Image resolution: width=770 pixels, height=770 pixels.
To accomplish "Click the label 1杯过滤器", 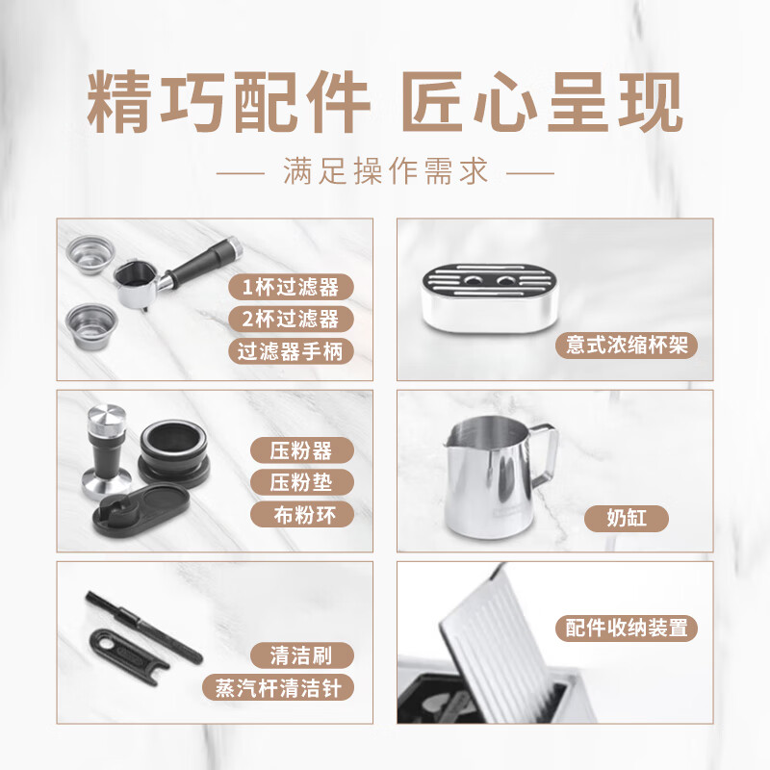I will [291, 287].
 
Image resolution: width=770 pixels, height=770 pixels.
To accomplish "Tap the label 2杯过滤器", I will [291, 319].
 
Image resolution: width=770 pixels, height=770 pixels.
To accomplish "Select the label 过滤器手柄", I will [291, 350].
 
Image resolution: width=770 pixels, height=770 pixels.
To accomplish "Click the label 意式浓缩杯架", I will [626, 346].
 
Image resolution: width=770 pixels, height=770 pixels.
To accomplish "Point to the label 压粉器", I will [301, 450].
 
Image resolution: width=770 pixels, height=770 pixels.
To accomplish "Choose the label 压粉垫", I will [301, 482].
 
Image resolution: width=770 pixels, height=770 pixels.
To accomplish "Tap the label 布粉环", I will [301, 514].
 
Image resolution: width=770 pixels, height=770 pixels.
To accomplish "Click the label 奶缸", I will [626, 519].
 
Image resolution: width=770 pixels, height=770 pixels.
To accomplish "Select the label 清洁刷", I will [301, 656].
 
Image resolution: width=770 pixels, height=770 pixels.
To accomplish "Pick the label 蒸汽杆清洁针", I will [279, 688].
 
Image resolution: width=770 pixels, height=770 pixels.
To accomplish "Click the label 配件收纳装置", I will [626, 629].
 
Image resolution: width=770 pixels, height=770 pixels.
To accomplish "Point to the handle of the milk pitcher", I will [546, 457].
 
